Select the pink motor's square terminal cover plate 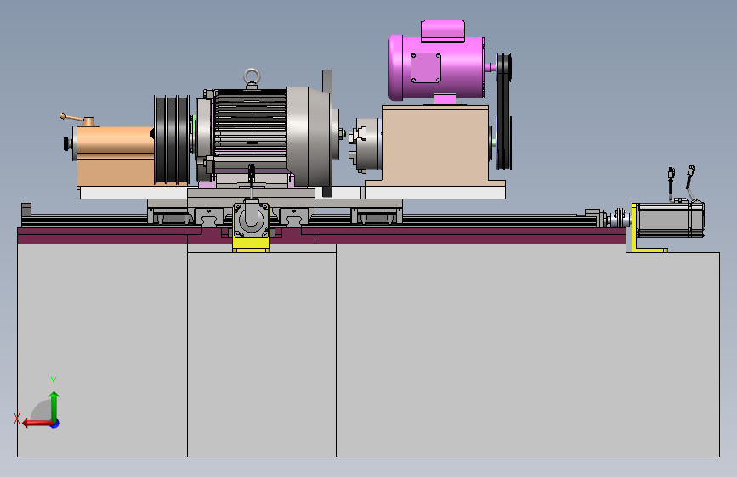(x=425, y=68)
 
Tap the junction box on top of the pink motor (x=443, y=31)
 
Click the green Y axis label (x=54, y=381)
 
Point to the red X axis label (x=17, y=418)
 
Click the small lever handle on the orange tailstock (x=77, y=119)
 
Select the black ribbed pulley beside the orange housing (x=172, y=139)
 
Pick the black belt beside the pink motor (x=503, y=111)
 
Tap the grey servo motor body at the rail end (x=670, y=219)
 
